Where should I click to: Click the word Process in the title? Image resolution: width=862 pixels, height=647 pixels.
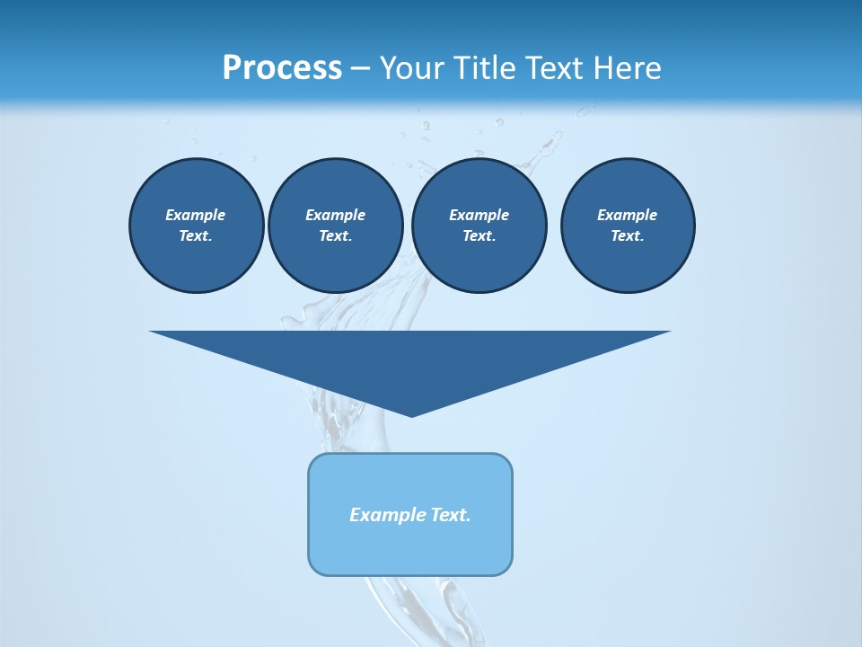[282, 68]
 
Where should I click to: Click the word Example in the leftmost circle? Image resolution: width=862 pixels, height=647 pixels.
[196, 215]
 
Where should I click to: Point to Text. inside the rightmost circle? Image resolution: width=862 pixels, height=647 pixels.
[627, 235]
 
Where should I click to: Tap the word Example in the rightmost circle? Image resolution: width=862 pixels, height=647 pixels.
[627, 215]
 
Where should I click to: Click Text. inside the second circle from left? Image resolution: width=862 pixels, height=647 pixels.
[335, 235]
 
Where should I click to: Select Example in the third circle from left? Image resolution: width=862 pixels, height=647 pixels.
[479, 215]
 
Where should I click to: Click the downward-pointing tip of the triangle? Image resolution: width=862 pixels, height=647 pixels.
[411, 414]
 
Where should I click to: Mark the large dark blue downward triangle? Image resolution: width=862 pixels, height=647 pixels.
[410, 359]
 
